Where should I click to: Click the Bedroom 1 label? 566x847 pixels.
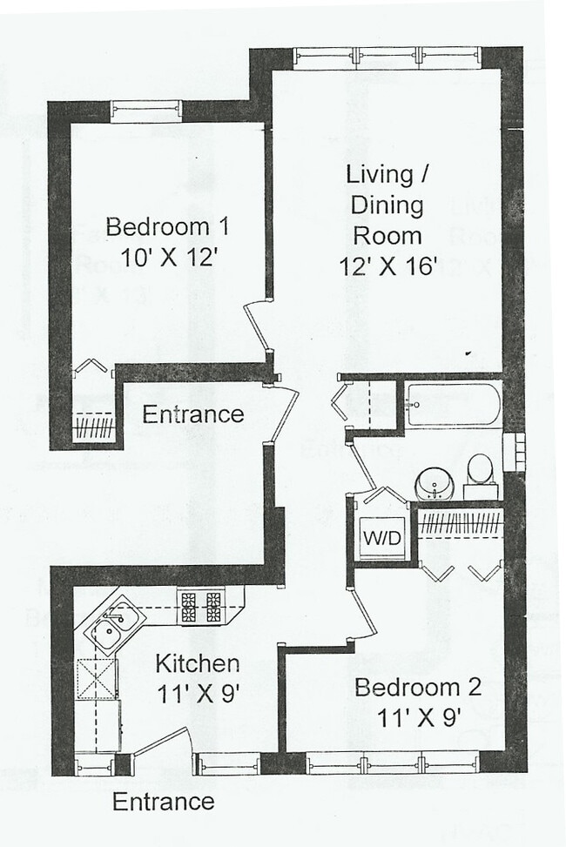pos(166,227)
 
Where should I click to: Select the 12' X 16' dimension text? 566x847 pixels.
pos(387,266)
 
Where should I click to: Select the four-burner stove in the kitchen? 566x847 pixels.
pos(201,606)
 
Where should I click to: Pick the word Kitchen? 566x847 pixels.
pos(197,663)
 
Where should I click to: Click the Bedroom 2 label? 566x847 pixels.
pos(417,687)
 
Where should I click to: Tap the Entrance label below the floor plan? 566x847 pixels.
pos(163,801)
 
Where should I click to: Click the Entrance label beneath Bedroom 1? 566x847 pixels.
pos(192,413)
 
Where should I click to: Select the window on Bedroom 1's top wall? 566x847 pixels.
pos(146,111)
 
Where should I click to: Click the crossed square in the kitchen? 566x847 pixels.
pos(97,679)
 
